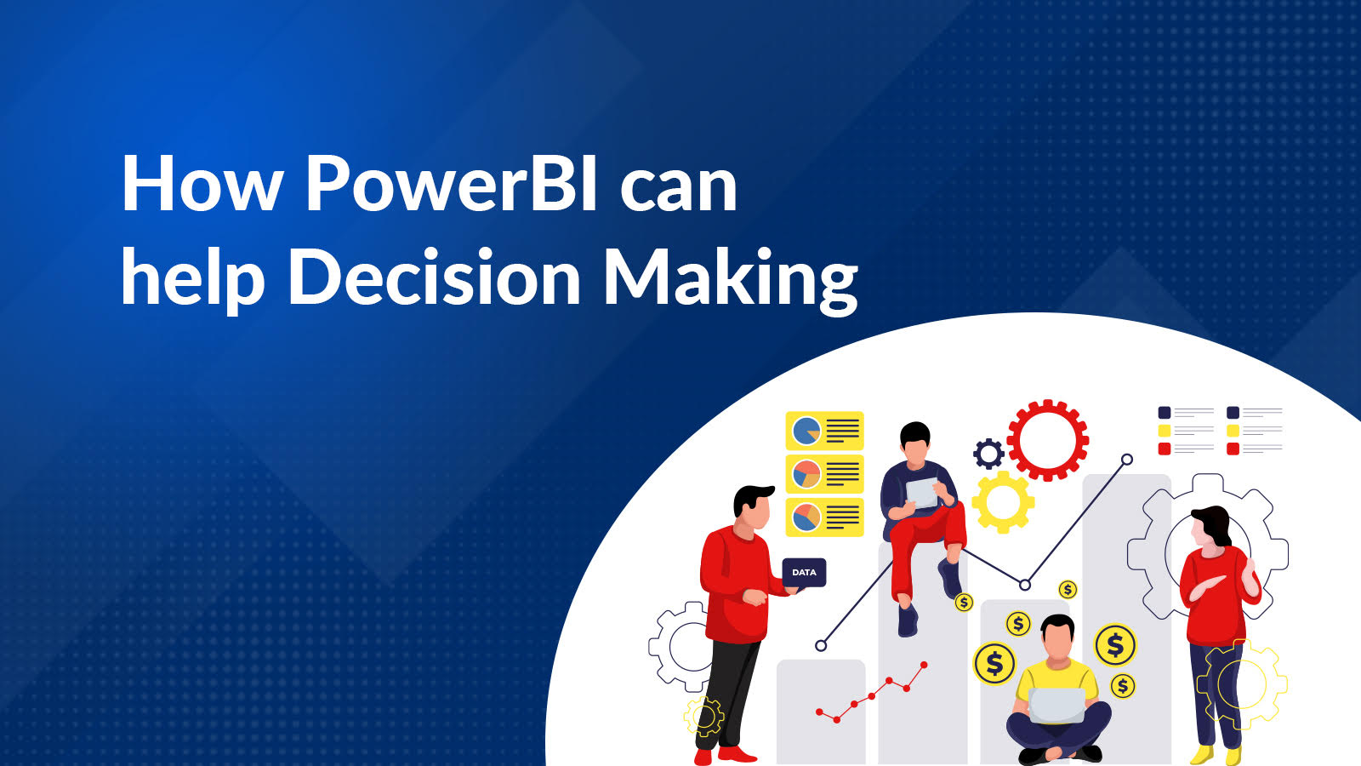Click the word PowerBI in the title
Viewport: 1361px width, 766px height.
(451, 184)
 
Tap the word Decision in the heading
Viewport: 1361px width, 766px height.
(434, 277)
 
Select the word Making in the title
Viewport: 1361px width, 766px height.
(730, 279)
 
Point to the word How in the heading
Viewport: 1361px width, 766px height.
(202, 184)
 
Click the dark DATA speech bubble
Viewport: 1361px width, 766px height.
(804, 572)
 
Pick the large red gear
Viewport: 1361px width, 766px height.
(1047, 440)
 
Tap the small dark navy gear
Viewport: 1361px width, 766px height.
(988, 454)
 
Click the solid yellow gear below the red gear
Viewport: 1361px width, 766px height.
(1003, 502)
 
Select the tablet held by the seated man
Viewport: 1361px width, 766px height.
(921, 492)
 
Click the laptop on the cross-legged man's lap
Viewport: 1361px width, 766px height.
(1057, 705)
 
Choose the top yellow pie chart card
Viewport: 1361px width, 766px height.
(824, 431)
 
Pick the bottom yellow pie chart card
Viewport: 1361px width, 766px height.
(824, 517)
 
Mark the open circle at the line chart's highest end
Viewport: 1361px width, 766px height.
(1127, 460)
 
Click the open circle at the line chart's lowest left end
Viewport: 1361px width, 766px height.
(821, 646)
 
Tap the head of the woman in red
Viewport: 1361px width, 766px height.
(1209, 528)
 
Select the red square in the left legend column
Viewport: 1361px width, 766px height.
(1165, 449)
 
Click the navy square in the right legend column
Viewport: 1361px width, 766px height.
(1233, 413)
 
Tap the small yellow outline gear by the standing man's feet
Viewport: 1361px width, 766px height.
(704, 716)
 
